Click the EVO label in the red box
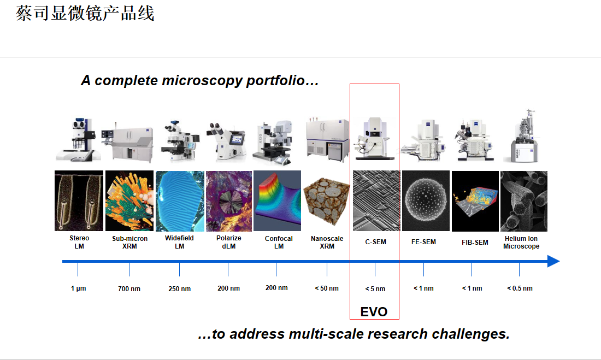tap(374, 312)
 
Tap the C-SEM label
tap(376, 242)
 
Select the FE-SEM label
tap(423, 242)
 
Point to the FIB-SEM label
tap(475, 243)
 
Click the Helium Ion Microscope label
tap(521, 243)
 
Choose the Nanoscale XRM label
tap(327, 243)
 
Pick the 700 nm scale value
tap(129, 288)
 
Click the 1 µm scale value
tap(78, 288)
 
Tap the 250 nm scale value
tap(179, 288)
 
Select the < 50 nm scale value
tap(327, 288)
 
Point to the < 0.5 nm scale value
tap(520, 288)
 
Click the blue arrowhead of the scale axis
tap(553, 262)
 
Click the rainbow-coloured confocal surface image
tap(277, 201)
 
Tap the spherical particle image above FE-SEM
tap(426, 200)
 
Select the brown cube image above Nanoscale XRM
tap(326, 201)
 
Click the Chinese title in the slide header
tap(85, 14)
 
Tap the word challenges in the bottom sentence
tap(470, 334)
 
